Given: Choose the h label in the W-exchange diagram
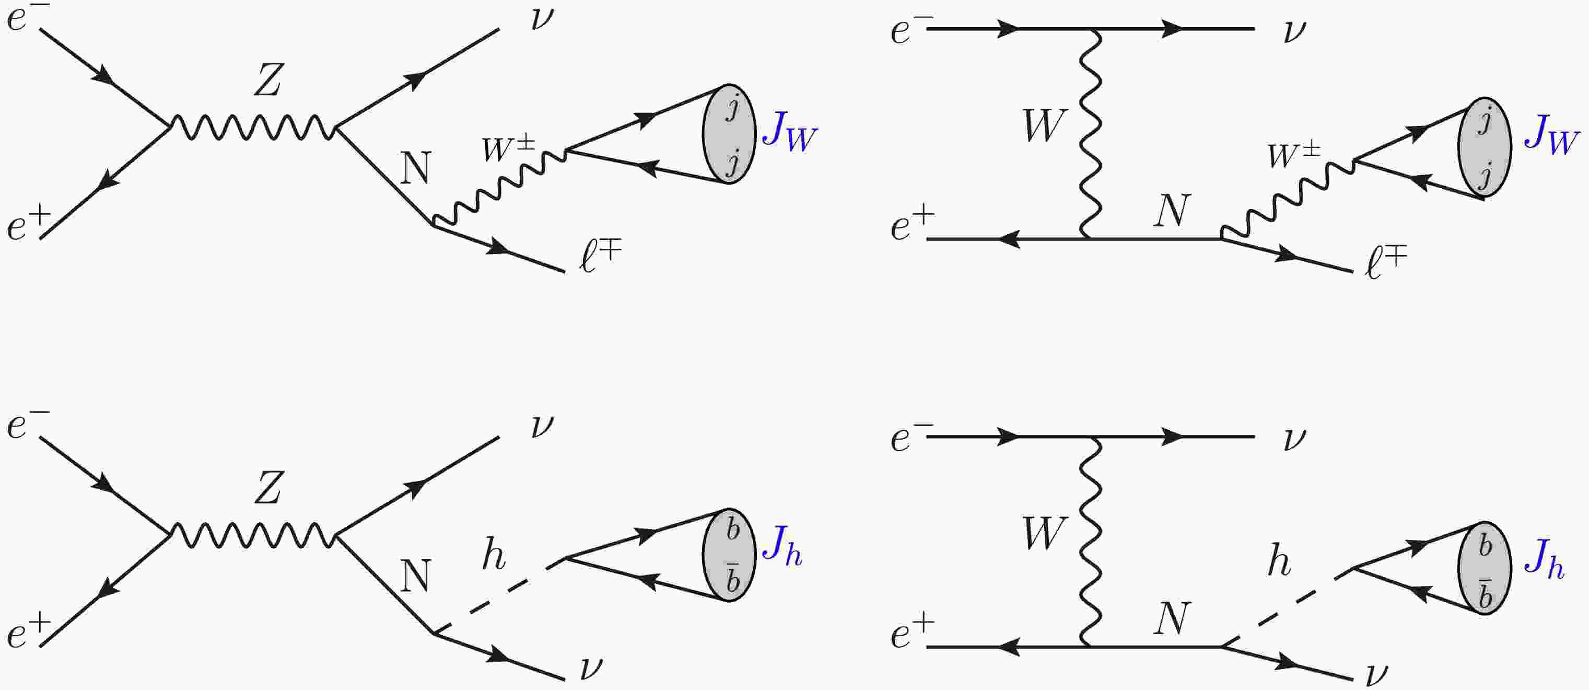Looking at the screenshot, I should [x=1279, y=561].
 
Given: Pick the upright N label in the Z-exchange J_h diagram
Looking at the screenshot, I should [x=415, y=576].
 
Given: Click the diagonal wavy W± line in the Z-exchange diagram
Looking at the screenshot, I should [x=500, y=185].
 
